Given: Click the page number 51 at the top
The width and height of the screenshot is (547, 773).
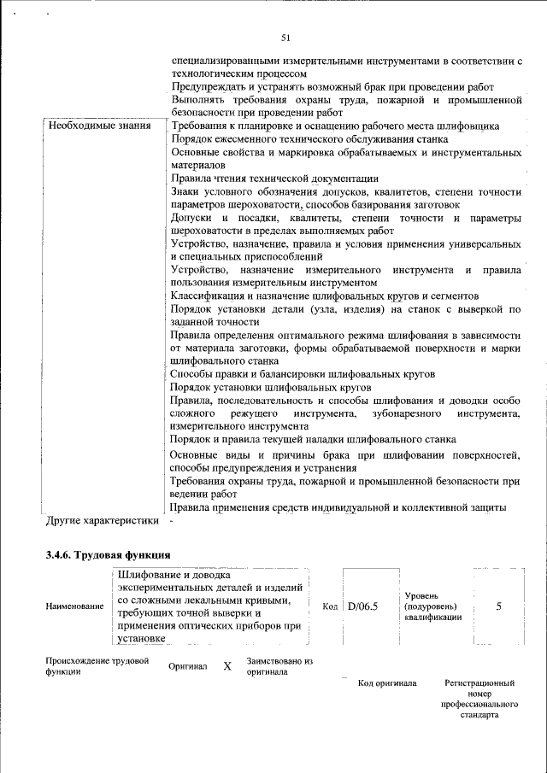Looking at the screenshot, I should pos(285,37).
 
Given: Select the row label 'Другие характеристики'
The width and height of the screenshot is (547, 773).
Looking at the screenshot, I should pos(103,519).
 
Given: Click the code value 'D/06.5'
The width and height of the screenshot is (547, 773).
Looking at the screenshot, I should pos(363,606).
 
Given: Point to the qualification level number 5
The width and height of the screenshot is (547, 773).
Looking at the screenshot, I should pos(498,606).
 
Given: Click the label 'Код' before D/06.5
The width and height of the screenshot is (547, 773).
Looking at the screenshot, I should pos(331,606).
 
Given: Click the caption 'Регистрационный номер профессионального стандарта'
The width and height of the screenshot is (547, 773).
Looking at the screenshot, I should pos(480,700).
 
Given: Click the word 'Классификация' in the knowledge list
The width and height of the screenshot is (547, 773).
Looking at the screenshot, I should pos(209,296).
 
